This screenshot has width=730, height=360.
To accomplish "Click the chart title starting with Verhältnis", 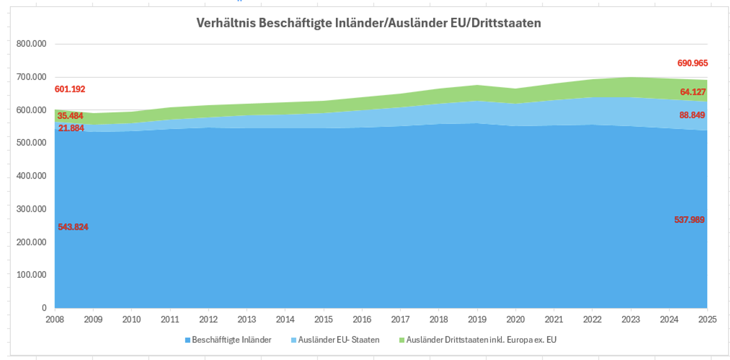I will (x=369, y=23).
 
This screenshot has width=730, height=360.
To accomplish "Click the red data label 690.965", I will (x=692, y=63).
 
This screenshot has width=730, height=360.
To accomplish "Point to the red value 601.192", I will (x=70, y=89).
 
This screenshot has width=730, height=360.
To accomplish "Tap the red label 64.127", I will (x=693, y=92).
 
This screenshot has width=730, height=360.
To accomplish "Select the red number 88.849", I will (x=692, y=115).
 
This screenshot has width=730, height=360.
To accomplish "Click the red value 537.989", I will (x=689, y=220).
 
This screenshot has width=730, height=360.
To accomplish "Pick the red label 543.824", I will (x=73, y=227).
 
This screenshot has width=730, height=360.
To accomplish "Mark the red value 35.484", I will (x=70, y=116).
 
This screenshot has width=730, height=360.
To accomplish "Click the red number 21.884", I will (x=71, y=129).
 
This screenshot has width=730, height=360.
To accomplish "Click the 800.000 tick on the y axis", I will (x=31, y=44).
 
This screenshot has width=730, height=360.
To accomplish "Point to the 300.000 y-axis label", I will (x=31, y=209).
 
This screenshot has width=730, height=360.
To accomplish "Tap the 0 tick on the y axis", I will (x=44, y=308).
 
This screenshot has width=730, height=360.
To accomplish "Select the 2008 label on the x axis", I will (x=55, y=319).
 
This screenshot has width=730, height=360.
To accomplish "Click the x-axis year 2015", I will (x=323, y=319).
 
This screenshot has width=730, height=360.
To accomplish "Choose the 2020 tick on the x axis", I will (x=515, y=319).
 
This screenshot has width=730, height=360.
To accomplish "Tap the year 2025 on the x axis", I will (x=707, y=319).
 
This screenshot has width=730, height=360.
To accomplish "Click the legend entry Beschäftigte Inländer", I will (x=231, y=340).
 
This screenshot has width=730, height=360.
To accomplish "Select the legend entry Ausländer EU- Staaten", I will (x=338, y=340).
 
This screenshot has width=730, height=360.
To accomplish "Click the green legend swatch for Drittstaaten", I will (x=402, y=340).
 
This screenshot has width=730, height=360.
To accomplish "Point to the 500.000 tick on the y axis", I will (x=31, y=143).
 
